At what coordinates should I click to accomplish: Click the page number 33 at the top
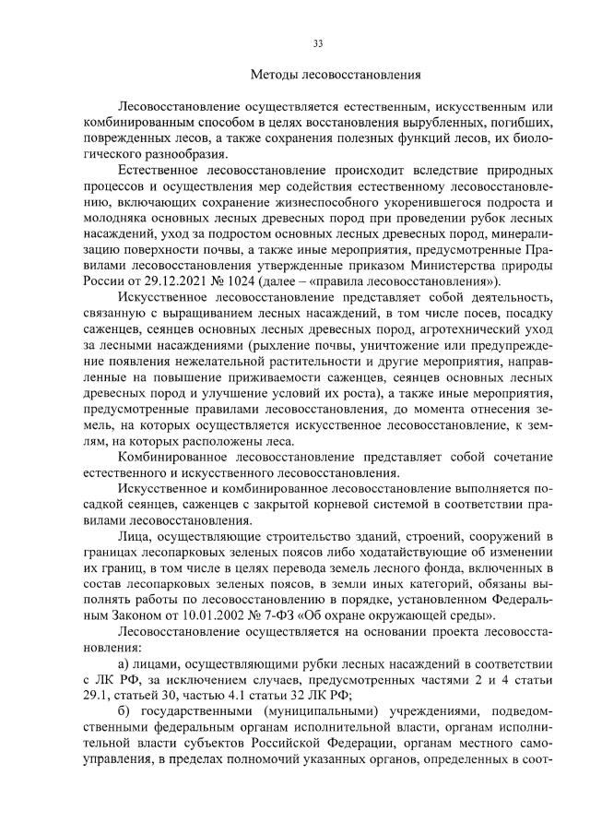317,43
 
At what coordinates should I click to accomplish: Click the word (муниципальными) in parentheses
302,715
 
